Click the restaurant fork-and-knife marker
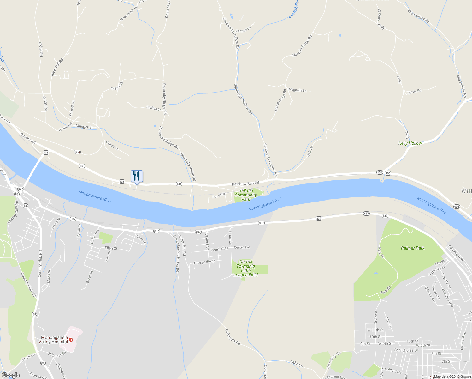click(x=137, y=176)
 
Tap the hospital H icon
click(x=71, y=340)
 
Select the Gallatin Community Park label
click(x=246, y=195)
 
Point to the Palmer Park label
click(x=413, y=248)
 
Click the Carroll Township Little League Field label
click(x=246, y=268)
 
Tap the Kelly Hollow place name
click(x=410, y=143)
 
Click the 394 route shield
click(x=77, y=152)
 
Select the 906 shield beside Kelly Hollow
click(x=388, y=173)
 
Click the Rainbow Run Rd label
click(x=245, y=183)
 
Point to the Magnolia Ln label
click(x=298, y=90)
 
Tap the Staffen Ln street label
click(x=154, y=108)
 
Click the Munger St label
click(x=84, y=127)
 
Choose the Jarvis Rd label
click(x=415, y=92)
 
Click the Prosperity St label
click(x=204, y=262)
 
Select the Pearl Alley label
click(x=219, y=249)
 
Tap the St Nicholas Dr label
click(x=406, y=350)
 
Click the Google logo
click(x=11, y=375)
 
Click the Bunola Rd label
click(x=28, y=138)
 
